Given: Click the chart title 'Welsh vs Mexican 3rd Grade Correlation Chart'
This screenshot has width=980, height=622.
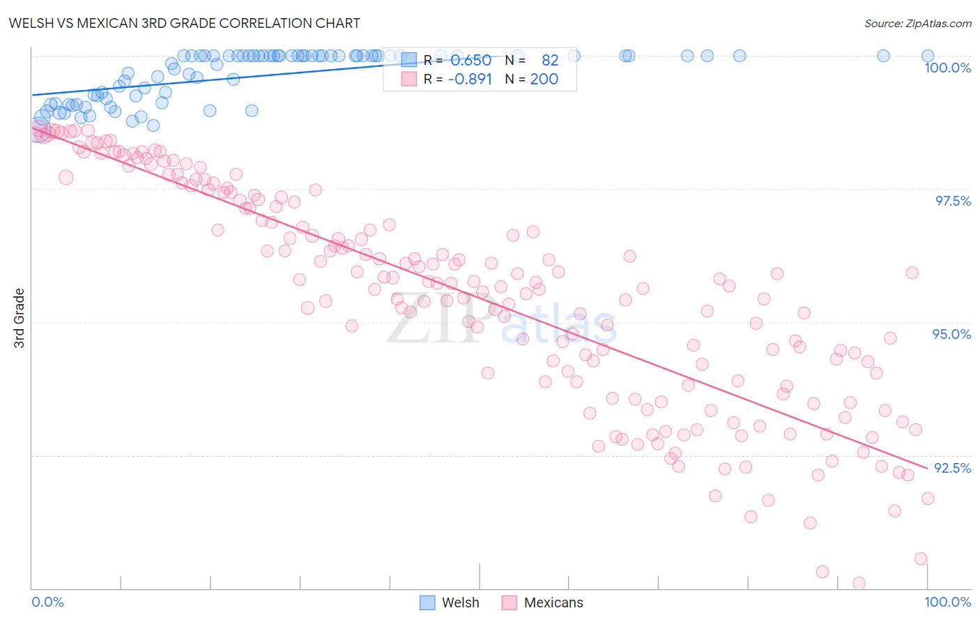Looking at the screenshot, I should [x=184, y=23].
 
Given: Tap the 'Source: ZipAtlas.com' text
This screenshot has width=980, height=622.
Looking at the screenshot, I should [x=917, y=24].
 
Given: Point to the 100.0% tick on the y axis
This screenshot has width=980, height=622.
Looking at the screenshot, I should [x=947, y=68].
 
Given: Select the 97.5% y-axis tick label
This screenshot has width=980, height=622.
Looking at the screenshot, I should [x=952, y=201].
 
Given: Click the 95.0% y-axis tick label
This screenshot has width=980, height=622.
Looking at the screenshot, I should [x=951, y=334].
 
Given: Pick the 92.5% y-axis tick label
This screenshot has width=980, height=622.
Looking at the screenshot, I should [x=952, y=468].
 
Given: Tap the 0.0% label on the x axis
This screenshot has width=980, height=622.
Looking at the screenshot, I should [x=47, y=602].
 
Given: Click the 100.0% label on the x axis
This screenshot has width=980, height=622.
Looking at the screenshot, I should [x=947, y=602].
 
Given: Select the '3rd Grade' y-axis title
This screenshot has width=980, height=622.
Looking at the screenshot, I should [x=20, y=318].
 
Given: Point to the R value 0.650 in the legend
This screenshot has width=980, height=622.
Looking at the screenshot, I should [x=470, y=61].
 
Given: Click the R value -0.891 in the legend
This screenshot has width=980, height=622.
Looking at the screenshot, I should [x=470, y=79].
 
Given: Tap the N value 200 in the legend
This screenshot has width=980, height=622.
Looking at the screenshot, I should [x=544, y=79].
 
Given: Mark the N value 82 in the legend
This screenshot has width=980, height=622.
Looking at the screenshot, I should [x=550, y=61].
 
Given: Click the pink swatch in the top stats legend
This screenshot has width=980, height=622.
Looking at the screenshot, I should [x=408, y=79].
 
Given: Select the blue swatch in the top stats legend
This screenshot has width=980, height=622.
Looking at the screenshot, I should [x=408, y=61].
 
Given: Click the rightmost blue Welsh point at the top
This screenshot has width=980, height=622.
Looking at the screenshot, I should [x=927, y=56].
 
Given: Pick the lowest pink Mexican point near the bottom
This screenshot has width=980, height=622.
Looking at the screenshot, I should [x=859, y=583].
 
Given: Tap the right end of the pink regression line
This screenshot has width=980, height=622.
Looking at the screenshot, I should [x=927, y=468].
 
